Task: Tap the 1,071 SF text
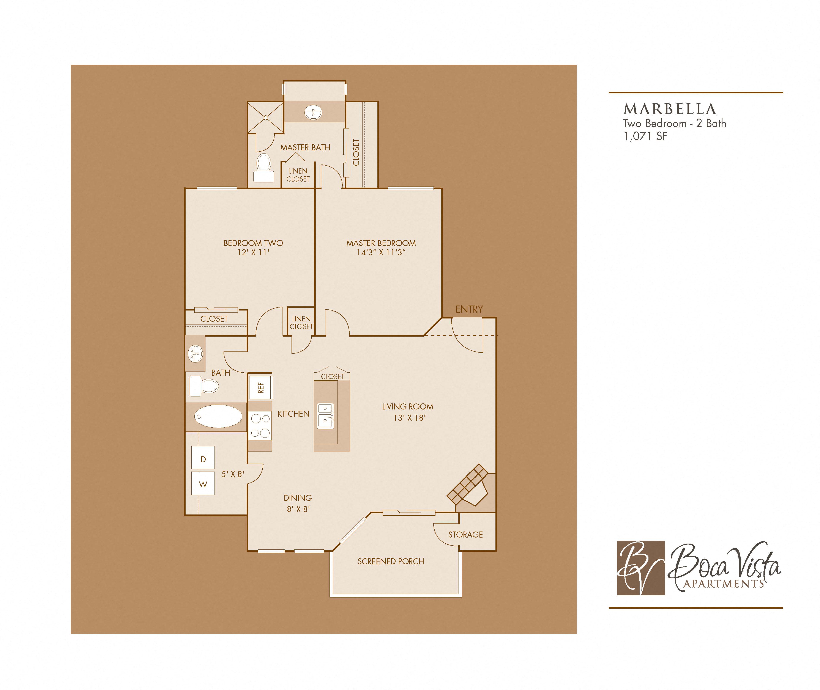pos(645,136)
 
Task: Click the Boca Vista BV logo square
pos(641,568)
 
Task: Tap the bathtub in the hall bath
pos(218,416)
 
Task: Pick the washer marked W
pos(203,484)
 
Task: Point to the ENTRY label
pos(469,309)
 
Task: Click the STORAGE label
pos(465,534)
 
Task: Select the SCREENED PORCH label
pos(391,561)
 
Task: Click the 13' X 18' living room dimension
pos(409,418)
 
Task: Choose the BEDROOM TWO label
pos(253,243)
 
